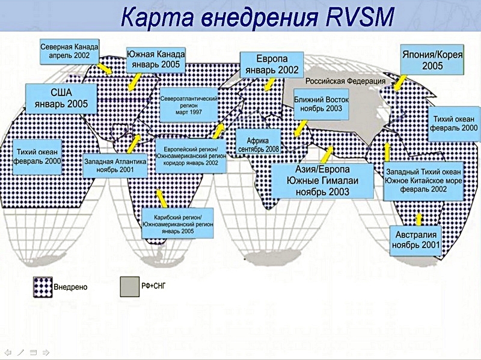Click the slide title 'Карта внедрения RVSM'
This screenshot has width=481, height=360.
(258, 17)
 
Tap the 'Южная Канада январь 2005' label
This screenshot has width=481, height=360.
(156, 59)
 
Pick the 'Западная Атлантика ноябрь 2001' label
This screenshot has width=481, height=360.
(114, 166)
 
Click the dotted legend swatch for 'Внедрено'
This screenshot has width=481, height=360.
(43, 287)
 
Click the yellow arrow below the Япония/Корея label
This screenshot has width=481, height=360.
(401, 82)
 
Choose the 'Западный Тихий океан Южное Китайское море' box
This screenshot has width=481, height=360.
(423, 180)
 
